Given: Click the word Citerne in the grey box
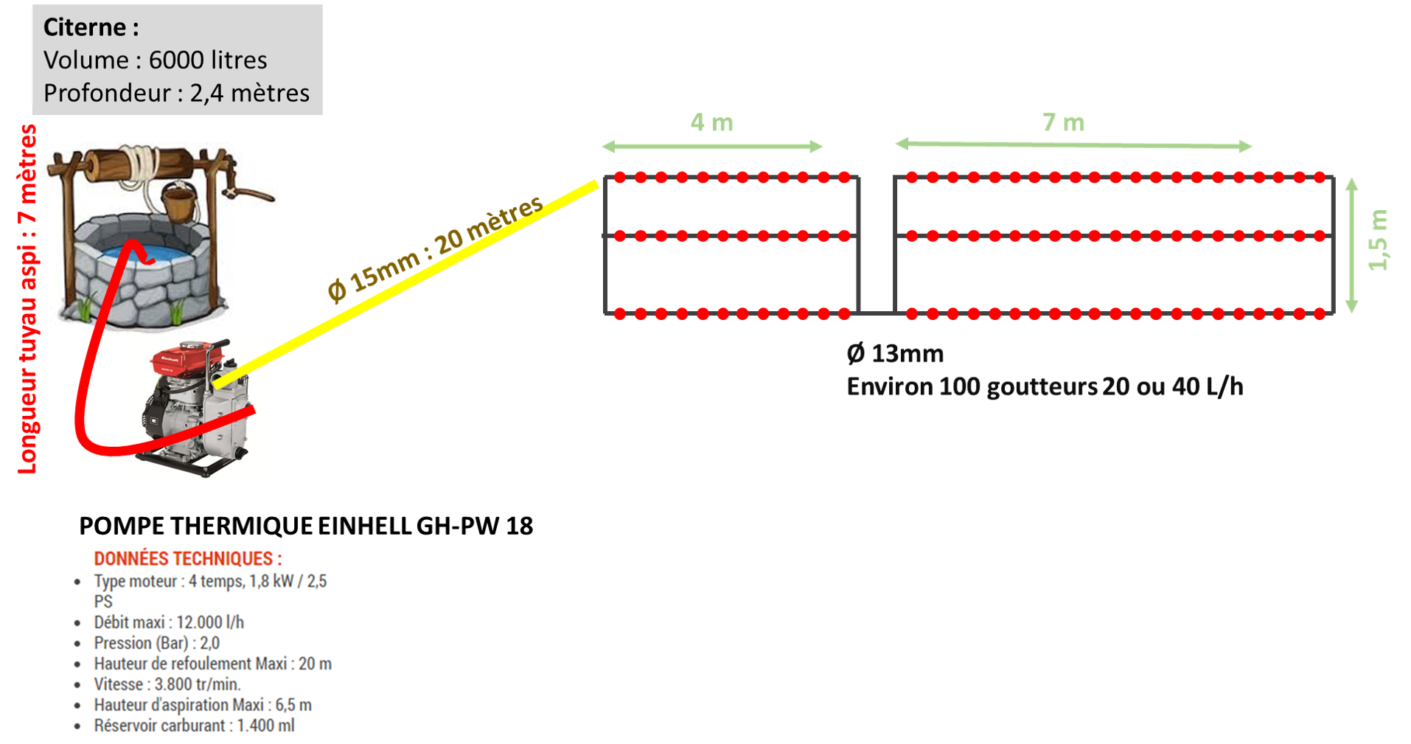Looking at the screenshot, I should tap(85, 27).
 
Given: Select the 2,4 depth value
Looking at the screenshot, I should tap(206, 94).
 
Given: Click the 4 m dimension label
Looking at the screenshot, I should tap(711, 122).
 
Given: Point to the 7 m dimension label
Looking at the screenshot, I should tap(1063, 122).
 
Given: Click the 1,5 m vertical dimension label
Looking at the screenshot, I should tap(1379, 240).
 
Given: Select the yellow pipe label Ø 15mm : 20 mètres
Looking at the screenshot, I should tap(435, 248).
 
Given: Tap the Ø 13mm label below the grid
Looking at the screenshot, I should tap(895, 355).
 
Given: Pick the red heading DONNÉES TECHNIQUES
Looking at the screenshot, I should tap(187, 559).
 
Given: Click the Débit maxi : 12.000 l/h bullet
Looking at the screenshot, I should tap(169, 622).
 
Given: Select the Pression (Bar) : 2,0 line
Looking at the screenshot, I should tap(156, 643).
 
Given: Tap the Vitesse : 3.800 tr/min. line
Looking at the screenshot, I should tap(167, 684).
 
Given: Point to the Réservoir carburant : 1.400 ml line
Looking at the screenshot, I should tap(194, 726).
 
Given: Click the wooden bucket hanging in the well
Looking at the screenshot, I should tap(179, 203).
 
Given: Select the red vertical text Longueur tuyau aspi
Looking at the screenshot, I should tap(27, 299).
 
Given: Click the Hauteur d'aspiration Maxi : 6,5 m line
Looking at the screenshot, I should tap(203, 705).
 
